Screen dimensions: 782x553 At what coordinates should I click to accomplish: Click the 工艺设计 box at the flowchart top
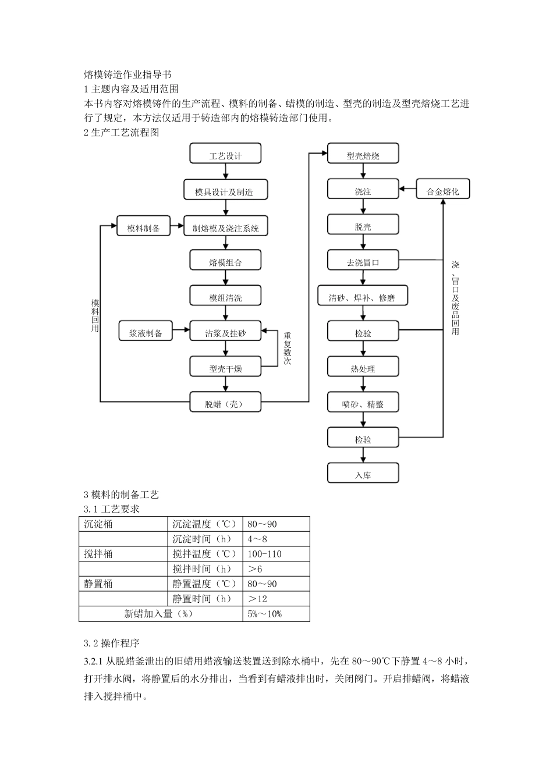coord(225,154)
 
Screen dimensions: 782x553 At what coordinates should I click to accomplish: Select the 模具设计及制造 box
coord(225,191)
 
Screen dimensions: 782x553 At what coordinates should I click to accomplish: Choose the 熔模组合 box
coord(225,262)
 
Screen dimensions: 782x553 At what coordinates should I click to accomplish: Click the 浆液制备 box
coord(146,332)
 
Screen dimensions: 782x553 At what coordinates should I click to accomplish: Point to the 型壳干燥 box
coord(225,368)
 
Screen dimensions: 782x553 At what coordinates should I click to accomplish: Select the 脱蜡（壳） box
coord(225,403)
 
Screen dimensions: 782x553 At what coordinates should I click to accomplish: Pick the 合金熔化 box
coord(442,190)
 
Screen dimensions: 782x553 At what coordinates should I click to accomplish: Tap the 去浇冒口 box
coord(363,261)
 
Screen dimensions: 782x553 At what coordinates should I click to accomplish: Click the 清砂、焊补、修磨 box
coord(363,297)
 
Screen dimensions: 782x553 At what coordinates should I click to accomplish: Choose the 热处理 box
coord(363,368)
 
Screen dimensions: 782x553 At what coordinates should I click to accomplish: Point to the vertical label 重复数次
coord(287,348)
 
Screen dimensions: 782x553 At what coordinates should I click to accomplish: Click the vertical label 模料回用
coord(95,316)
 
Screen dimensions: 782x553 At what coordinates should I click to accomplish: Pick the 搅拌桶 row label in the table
coord(98,554)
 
